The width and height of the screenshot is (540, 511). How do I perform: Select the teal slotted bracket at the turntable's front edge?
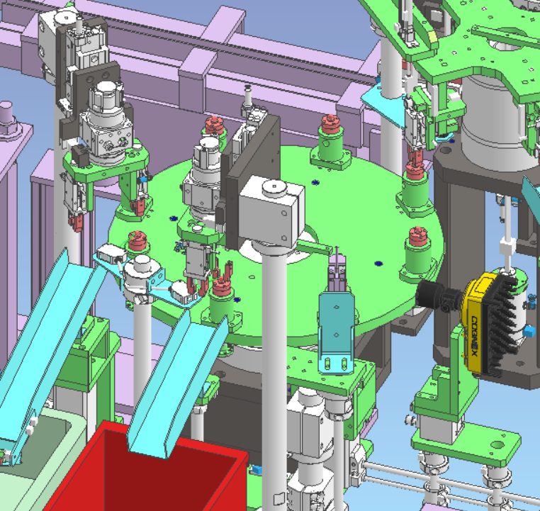point(336,332)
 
